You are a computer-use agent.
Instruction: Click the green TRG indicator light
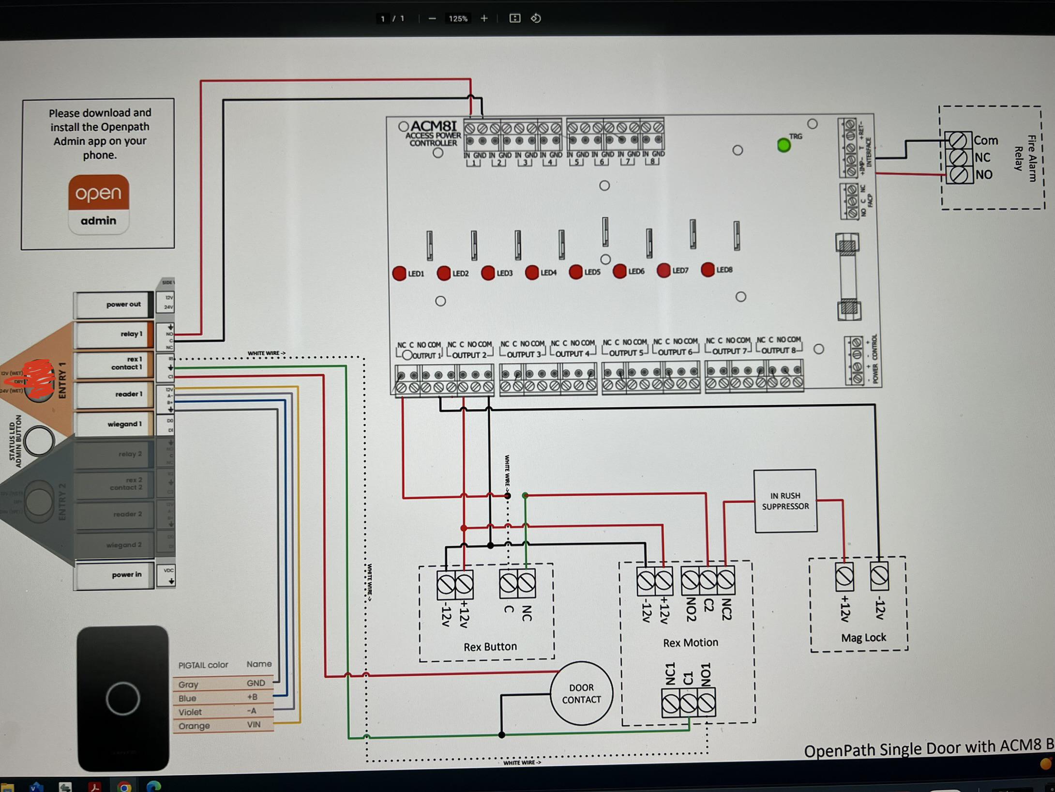784,145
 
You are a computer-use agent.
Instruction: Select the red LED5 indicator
575,272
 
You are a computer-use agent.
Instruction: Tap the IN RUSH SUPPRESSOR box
785,501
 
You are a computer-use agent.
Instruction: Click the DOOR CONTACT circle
581,693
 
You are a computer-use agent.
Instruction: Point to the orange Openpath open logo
99,193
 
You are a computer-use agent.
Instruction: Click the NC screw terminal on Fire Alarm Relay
959,157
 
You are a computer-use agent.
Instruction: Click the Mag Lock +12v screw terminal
844,577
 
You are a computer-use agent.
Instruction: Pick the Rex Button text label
490,646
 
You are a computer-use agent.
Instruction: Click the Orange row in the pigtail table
223,725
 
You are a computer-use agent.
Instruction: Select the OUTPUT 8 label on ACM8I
778,350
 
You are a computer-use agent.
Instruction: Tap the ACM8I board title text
433,127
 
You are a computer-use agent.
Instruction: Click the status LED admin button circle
39,441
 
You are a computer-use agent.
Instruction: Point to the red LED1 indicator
399,274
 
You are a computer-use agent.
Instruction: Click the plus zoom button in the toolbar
484,18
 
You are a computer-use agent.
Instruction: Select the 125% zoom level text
458,19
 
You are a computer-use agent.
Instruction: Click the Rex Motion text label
690,642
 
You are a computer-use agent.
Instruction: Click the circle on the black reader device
123,698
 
